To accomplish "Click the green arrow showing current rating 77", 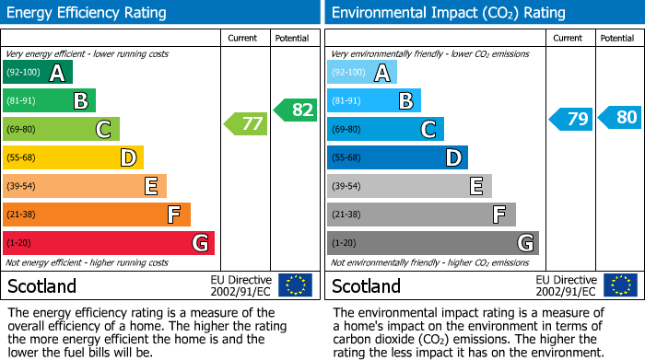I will click(x=245, y=123).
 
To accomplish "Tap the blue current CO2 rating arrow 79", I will click(x=570, y=120).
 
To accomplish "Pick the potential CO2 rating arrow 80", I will click(x=619, y=117).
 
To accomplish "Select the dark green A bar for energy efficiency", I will click(x=37, y=72).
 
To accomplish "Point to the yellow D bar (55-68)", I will click(x=73, y=157).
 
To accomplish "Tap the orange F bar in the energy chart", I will click(x=96, y=215).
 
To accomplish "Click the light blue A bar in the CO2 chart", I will click(x=361, y=72).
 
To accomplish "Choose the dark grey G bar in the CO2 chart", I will click(x=432, y=243).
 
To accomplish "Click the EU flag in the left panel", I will click(x=295, y=285).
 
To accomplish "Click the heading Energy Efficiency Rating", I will click(x=88, y=13).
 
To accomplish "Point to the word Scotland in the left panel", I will click(x=41, y=285).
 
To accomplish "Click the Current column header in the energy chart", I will click(x=244, y=38).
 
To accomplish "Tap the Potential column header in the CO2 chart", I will click(x=617, y=38).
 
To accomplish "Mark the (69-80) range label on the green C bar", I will click(x=23, y=130).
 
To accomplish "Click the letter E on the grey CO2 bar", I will click(x=475, y=187).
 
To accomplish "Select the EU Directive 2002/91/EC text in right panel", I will click(x=568, y=285).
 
